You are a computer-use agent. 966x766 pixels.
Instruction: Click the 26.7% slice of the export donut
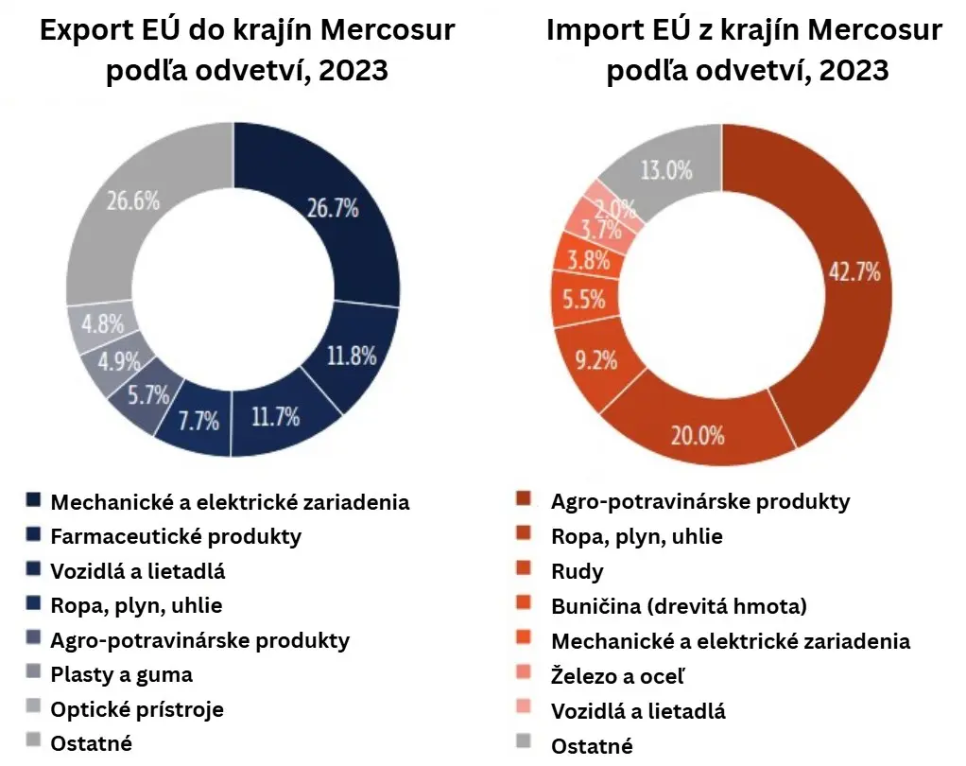330,209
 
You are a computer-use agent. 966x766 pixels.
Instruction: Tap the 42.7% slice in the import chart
854,272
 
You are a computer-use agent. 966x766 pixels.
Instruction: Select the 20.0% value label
698,435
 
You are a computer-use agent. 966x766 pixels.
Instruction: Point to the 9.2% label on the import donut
595,360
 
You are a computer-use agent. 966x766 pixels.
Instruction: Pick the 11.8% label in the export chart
351,356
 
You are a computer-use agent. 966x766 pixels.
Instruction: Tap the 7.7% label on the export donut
199,419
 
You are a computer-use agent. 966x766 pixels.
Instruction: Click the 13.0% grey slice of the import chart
665,171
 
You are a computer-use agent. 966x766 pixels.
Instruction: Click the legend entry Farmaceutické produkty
176,537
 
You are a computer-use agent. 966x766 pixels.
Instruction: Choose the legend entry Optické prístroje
137,708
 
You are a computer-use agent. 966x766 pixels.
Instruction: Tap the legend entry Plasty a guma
121,674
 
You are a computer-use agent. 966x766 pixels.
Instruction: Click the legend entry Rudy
577,571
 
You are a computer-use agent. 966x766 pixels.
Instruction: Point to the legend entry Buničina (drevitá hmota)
679,605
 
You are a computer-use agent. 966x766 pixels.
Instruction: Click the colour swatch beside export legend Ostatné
33,741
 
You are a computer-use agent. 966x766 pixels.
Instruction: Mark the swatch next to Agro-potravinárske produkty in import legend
523,501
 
